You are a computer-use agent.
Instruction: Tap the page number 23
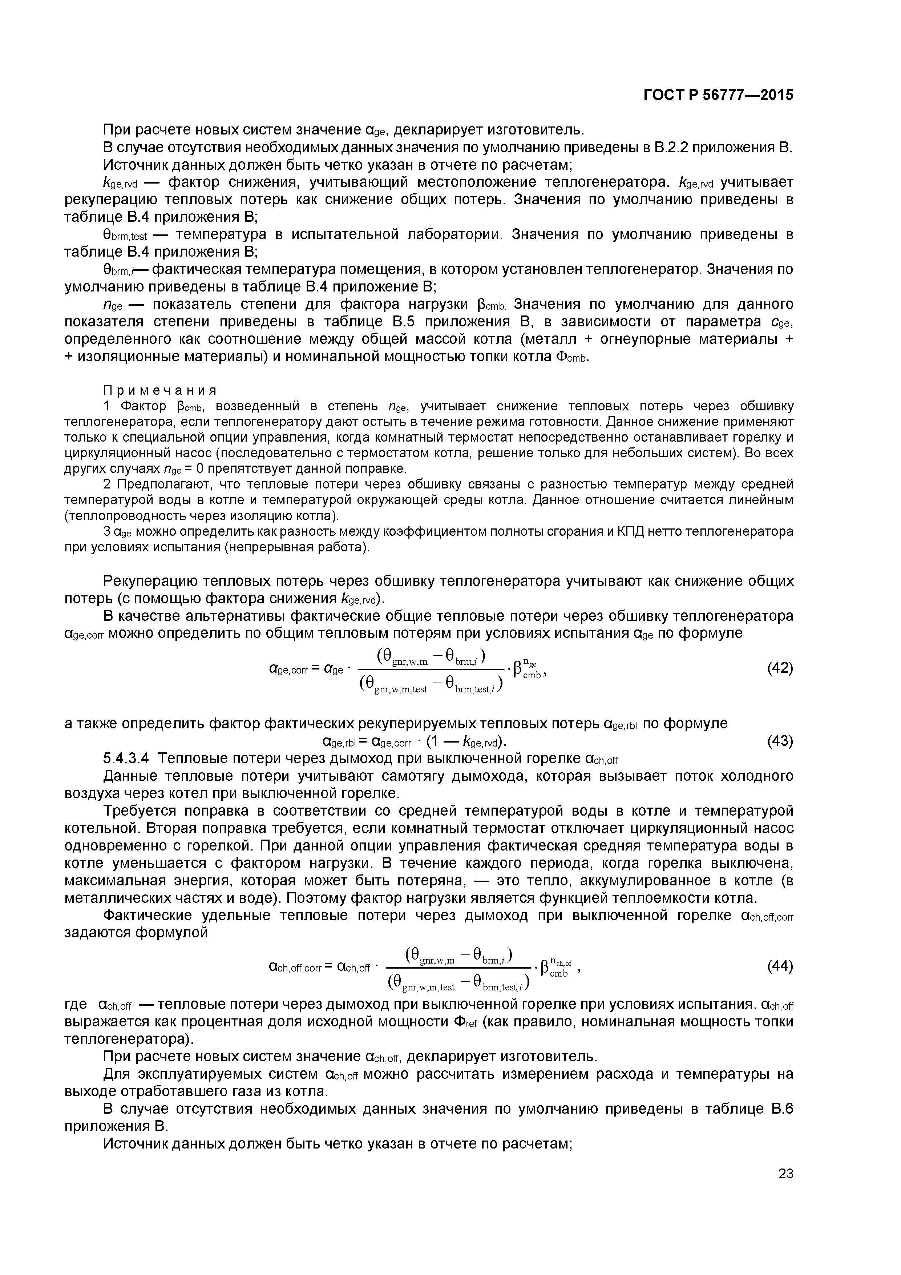[x=785, y=1189]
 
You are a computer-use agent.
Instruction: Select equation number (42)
[x=780, y=668]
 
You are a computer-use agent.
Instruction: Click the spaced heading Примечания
[x=160, y=389]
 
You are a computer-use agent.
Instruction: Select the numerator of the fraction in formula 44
[x=458, y=954]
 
